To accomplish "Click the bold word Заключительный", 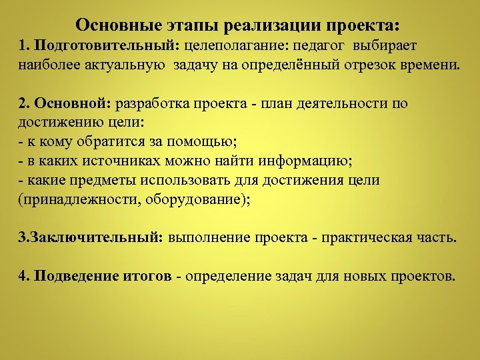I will point(96,238).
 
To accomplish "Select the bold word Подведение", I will point(75,275).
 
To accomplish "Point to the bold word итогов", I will point(146,275).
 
